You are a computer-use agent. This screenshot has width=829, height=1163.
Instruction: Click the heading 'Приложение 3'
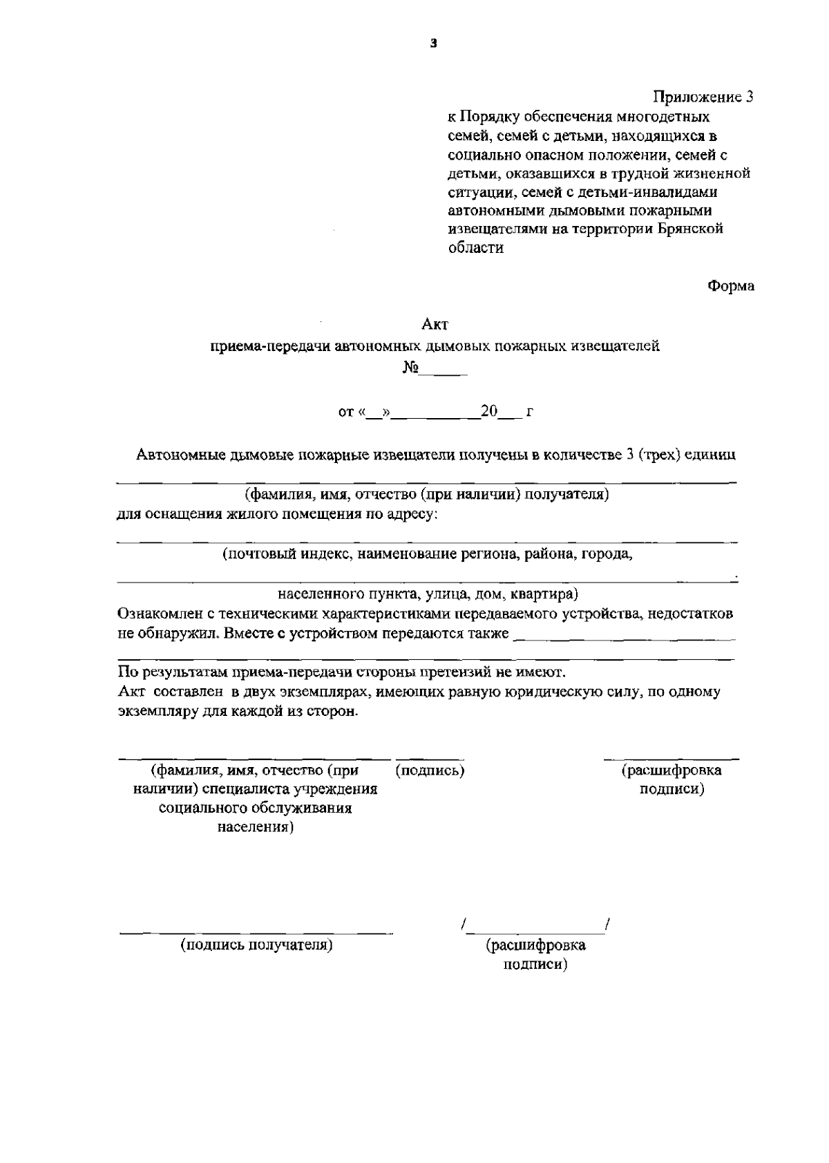[x=703, y=97]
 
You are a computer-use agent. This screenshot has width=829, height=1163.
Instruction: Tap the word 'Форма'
[x=731, y=285]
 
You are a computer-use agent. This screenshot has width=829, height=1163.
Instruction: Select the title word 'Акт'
[x=435, y=323]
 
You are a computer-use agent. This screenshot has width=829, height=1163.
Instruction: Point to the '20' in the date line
[x=489, y=412]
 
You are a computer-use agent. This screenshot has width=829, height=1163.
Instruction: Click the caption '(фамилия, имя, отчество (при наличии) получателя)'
[x=426, y=494]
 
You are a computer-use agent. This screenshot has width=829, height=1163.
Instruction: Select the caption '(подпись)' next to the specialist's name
[x=430, y=770]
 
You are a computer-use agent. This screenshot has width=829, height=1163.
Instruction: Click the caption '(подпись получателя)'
[x=257, y=945]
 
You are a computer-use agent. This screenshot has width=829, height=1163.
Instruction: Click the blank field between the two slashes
[x=537, y=925]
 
